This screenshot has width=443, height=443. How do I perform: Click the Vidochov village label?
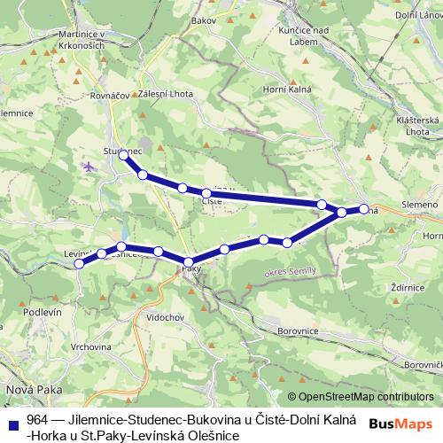pos(165,316)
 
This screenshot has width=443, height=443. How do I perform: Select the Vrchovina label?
pos(78,347)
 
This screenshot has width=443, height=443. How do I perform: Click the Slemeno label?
pos(420,206)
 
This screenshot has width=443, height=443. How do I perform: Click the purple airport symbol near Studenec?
pos(89,166)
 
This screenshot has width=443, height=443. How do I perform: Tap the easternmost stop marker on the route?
pos(363,209)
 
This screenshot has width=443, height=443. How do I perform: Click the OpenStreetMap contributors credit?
pos(365,398)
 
